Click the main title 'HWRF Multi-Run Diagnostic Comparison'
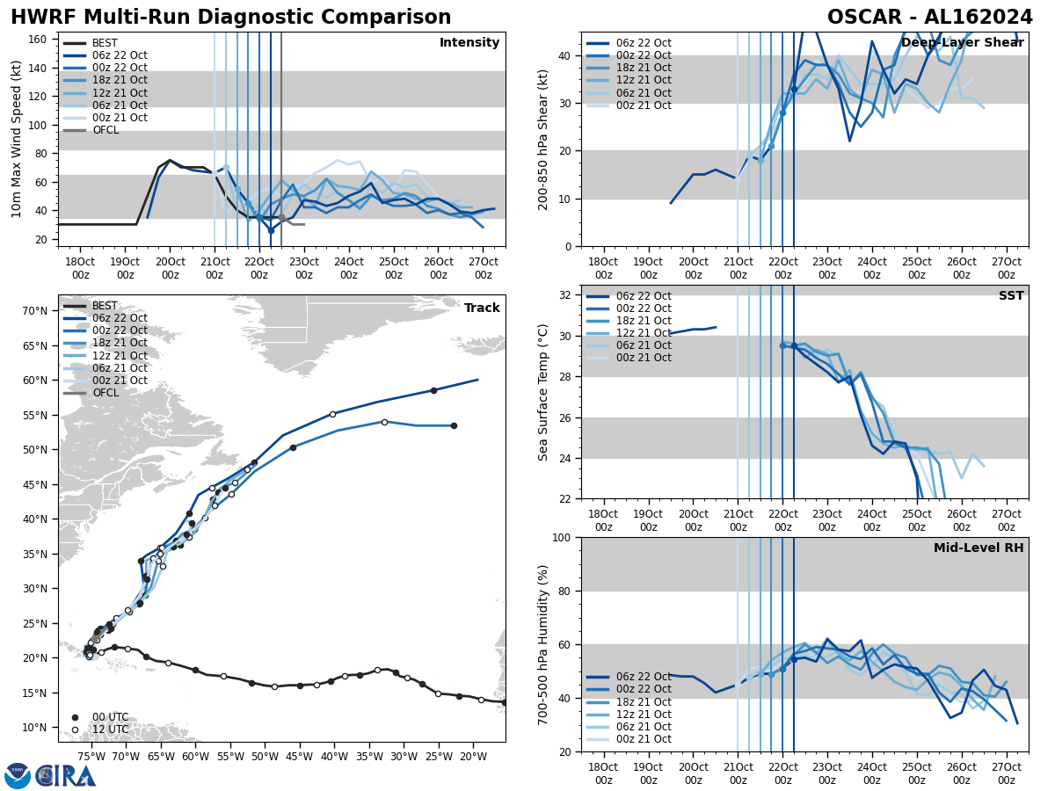click(x=230, y=18)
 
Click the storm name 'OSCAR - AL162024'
click(x=929, y=18)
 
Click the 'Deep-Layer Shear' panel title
click(x=962, y=43)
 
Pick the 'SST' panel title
click(x=1011, y=296)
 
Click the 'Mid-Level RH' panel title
click(x=979, y=548)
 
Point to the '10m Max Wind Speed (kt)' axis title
click(x=17, y=139)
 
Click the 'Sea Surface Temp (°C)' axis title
click(x=543, y=392)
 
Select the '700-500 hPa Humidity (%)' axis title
click(x=543, y=644)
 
